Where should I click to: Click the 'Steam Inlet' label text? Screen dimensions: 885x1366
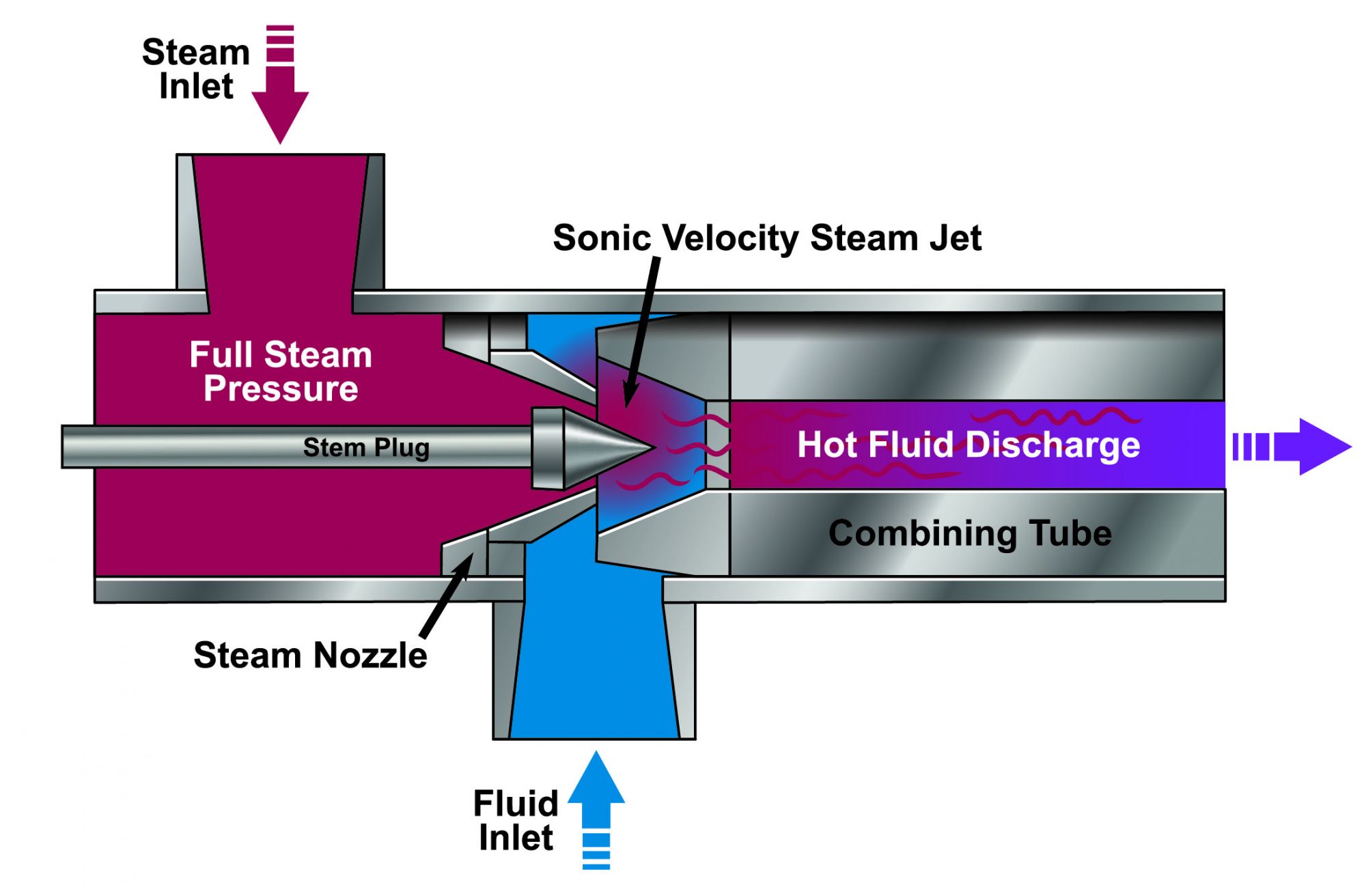(x=195, y=69)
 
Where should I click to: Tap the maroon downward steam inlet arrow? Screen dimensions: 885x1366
(x=280, y=102)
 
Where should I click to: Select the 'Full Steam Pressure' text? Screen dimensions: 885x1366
(x=281, y=371)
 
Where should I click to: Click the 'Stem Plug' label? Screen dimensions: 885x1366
(x=366, y=447)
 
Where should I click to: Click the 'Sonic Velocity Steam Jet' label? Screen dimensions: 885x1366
(x=766, y=238)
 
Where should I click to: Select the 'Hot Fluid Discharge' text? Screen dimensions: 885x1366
(x=968, y=445)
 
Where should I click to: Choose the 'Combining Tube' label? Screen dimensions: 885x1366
(x=970, y=533)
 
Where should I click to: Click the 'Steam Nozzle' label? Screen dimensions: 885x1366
(x=310, y=656)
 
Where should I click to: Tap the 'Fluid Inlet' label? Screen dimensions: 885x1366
(x=516, y=820)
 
